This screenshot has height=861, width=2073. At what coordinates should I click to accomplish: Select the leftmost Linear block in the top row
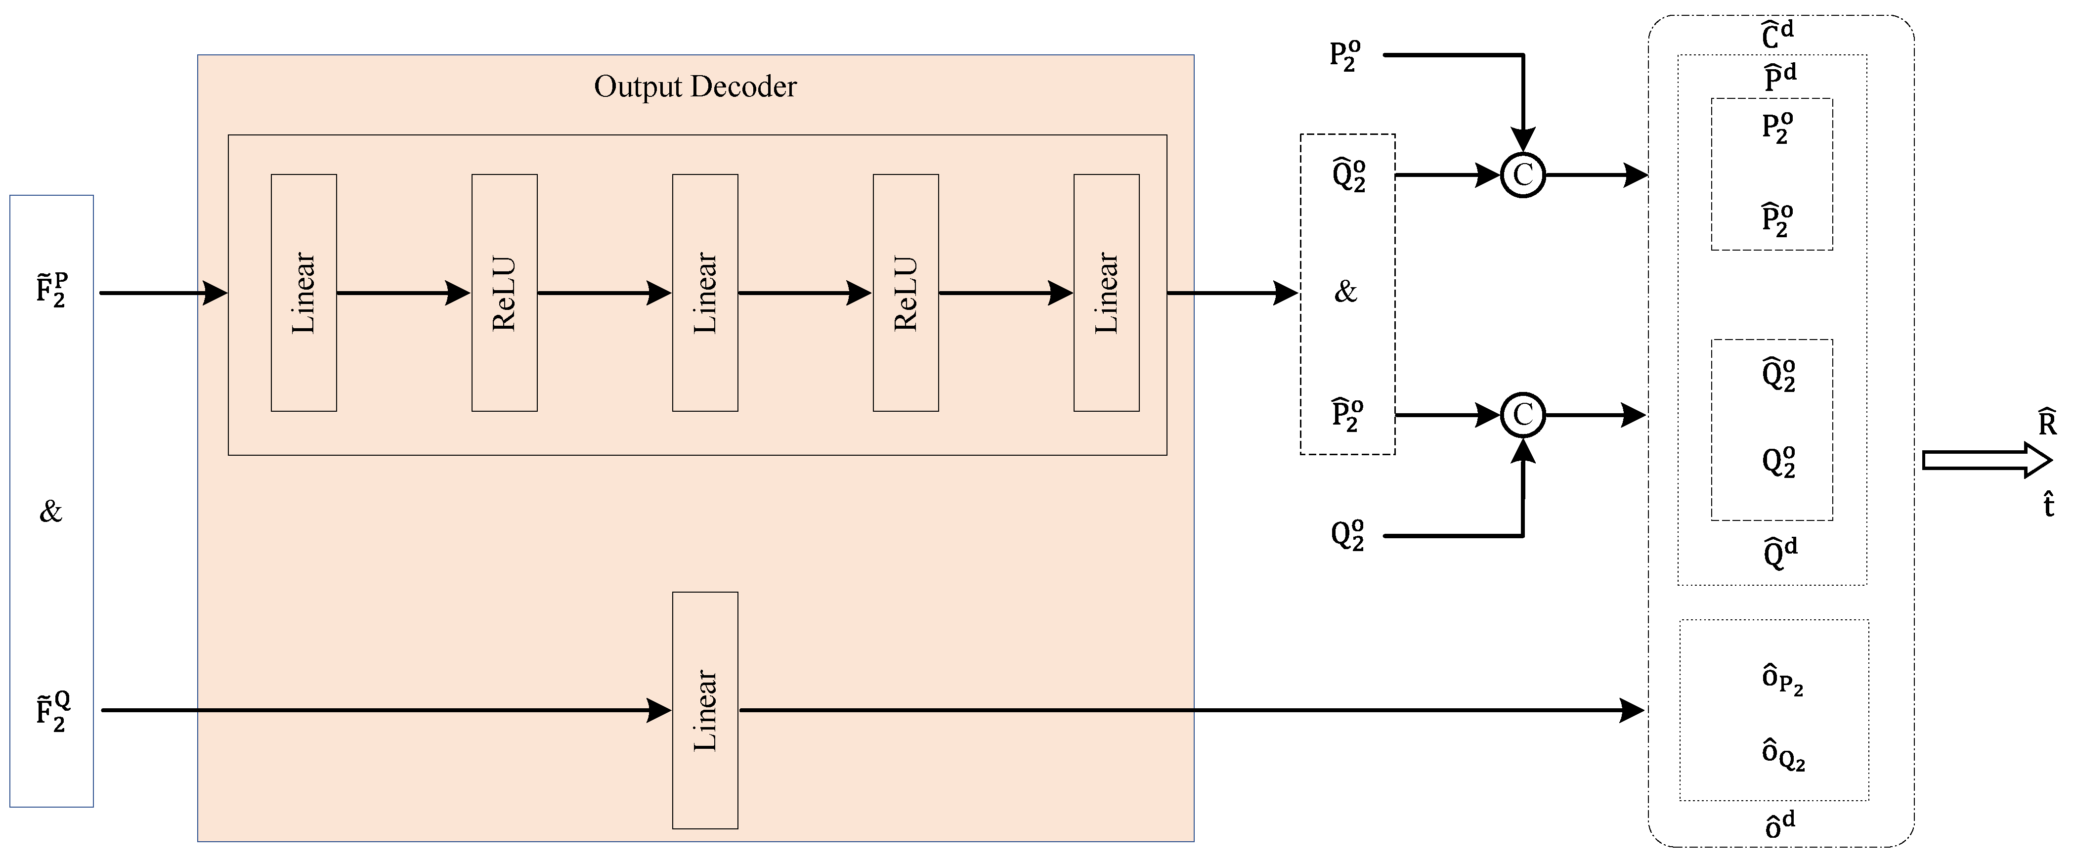pos(303,293)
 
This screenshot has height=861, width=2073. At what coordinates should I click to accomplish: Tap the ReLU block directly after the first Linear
pos(504,293)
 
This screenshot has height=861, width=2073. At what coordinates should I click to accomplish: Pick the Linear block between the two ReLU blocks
pos(705,293)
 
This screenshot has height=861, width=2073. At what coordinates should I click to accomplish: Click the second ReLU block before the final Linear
pos(906,293)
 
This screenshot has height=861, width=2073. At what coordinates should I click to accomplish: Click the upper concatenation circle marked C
pos(1522,174)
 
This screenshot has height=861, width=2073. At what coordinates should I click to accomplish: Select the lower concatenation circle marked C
pos(1522,415)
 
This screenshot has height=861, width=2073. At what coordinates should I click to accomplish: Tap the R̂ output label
pos(2047,423)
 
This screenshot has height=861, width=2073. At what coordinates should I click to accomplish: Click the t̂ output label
pos(2048,505)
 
